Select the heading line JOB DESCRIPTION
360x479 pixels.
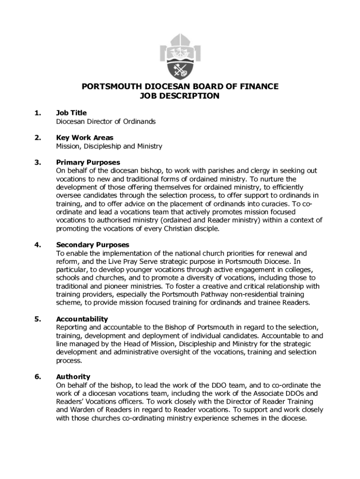click(x=180, y=96)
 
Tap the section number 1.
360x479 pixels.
click(x=37, y=113)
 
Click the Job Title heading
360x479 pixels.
click(x=71, y=113)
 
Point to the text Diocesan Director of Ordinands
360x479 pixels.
click(x=106, y=122)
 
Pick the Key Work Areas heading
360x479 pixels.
click(x=85, y=138)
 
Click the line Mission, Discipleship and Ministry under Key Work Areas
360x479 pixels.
click(x=109, y=146)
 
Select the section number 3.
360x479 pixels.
click(x=37, y=162)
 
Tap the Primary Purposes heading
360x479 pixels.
click(x=88, y=162)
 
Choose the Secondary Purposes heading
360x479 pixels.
click(x=93, y=245)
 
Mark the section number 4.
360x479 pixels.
click(x=37, y=245)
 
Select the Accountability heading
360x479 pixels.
click(x=82, y=319)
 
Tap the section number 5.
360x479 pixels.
click(x=37, y=319)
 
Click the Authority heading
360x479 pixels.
click(x=73, y=377)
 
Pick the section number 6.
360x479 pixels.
click(x=37, y=377)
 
